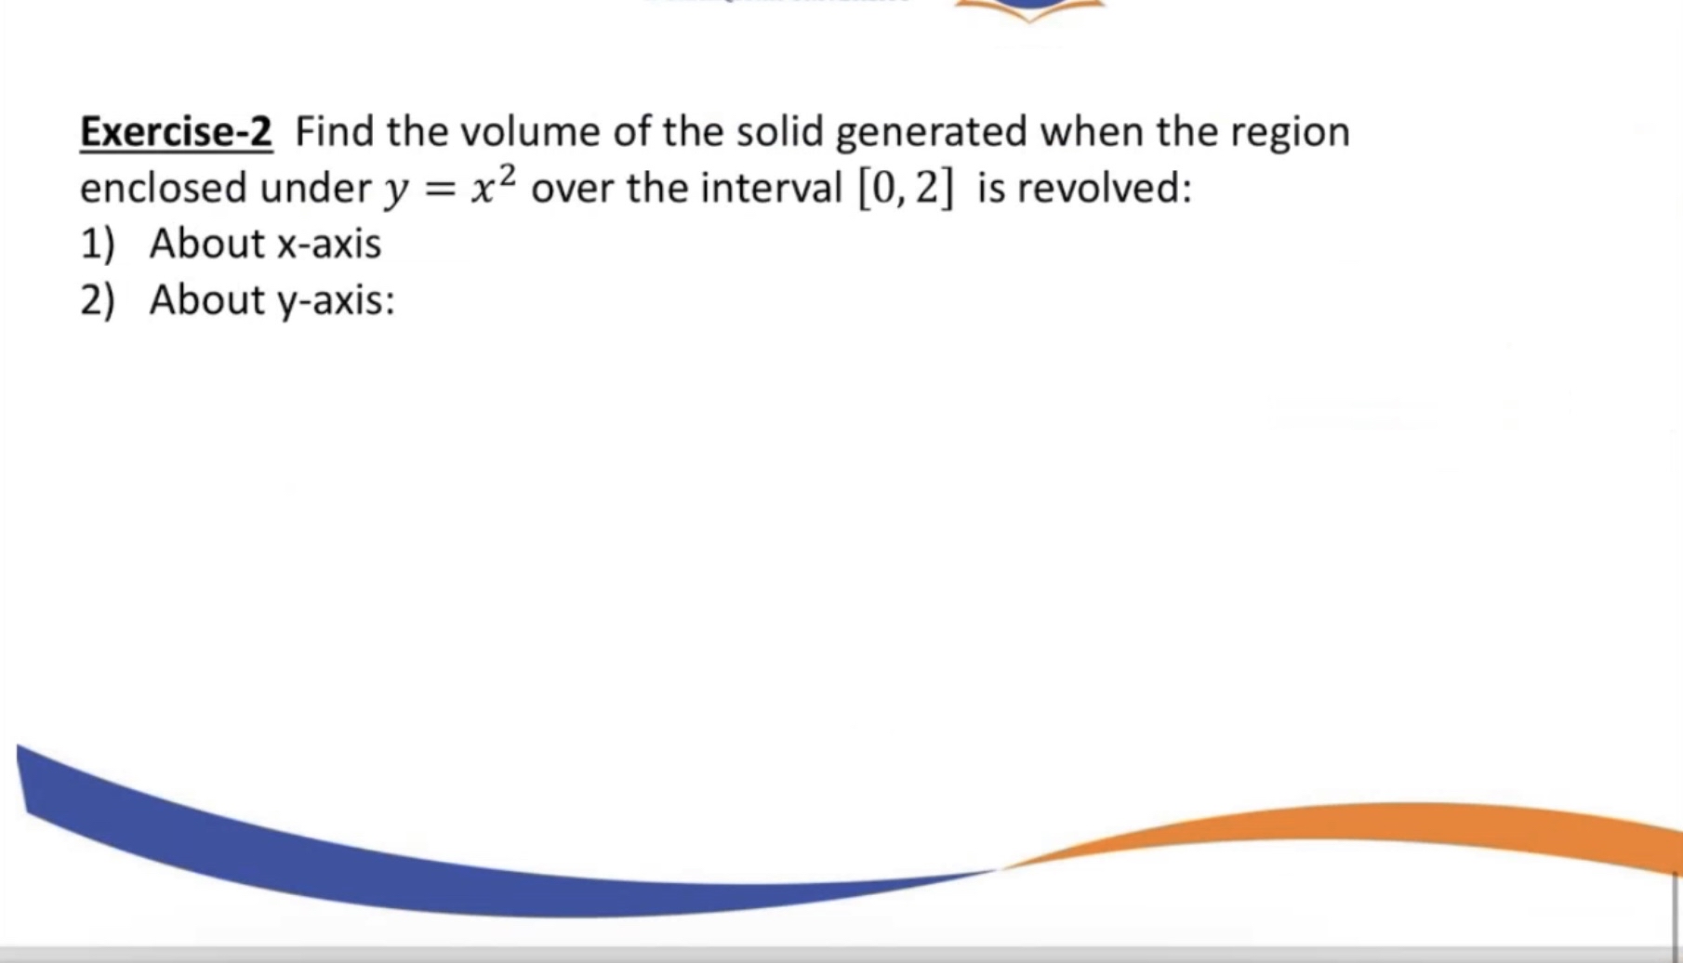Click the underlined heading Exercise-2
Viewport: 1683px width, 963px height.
tap(176, 132)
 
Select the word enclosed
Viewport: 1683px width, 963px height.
tap(163, 189)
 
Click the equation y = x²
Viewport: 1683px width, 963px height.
tap(451, 189)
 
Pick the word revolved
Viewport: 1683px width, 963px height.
tap(1104, 189)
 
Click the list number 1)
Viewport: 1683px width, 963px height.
tap(98, 244)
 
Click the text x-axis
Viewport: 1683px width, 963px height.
tap(329, 244)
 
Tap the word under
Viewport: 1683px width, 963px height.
tap(315, 189)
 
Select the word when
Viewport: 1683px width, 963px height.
tap(1092, 132)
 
